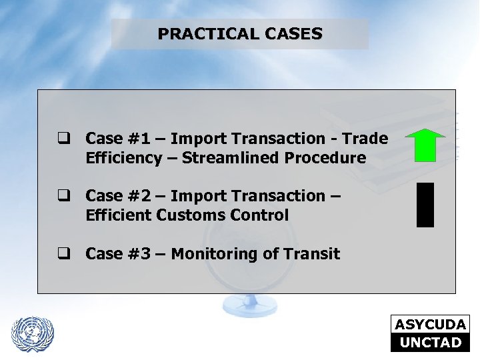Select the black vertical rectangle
(425, 205)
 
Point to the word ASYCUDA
(430, 325)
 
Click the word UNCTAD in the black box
(430, 343)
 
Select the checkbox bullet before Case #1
(64, 139)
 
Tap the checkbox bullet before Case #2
(64, 197)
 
